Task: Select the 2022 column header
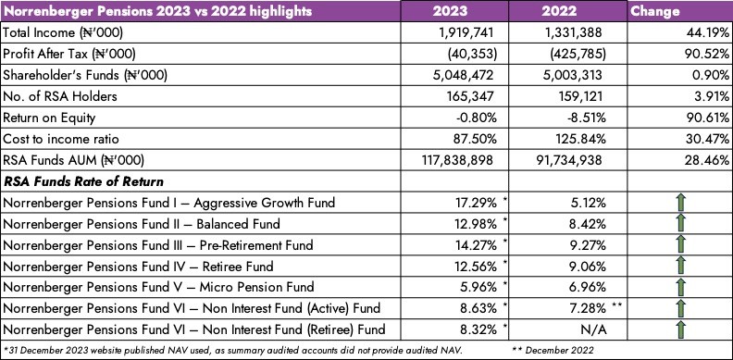click(x=559, y=11)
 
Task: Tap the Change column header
click(x=655, y=11)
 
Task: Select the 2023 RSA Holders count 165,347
click(x=470, y=97)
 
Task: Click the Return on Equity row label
click(x=49, y=118)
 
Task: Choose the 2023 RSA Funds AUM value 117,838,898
click(x=456, y=161)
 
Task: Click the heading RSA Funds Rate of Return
click(x=83, y=181)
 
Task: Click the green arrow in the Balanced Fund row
click(x=680, y=223)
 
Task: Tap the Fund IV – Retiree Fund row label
click(x=138, y=267)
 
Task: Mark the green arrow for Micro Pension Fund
click(x=680, y=287)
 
